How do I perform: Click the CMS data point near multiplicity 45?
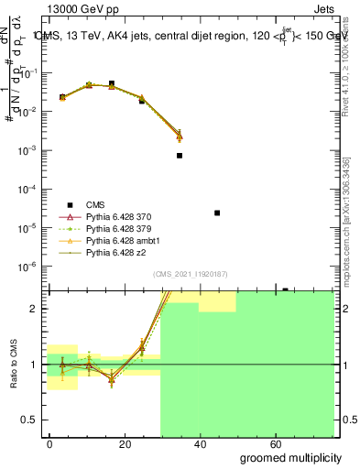click(217, 213)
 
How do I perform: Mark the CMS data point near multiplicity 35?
click(180, 156)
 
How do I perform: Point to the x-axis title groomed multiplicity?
click(290, 457)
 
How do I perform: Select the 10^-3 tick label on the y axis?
click(30, 150)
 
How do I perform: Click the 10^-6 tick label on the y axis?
click(30, 267)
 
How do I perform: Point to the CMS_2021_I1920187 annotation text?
click(190, 274)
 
